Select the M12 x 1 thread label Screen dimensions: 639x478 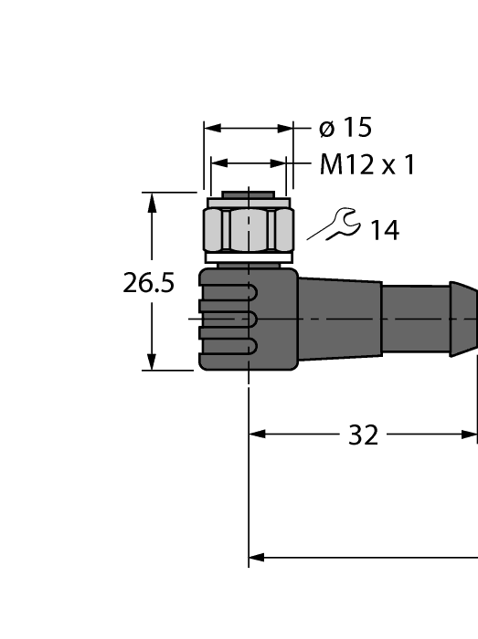(x=366, y=165)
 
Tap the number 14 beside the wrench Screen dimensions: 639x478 (x=384, y=231)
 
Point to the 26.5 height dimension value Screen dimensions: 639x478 (x=148, y=283)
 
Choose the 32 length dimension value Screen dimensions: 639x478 (x=363, y=435)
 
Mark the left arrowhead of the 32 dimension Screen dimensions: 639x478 (x=257, y=435)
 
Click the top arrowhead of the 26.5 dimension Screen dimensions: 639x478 (x=152, y=200)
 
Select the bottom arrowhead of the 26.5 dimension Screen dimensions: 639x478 (x=152, y=362)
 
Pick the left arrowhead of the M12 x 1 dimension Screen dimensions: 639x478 (x=218, y=164)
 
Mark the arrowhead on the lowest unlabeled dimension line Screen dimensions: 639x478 (x=257, y=557)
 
